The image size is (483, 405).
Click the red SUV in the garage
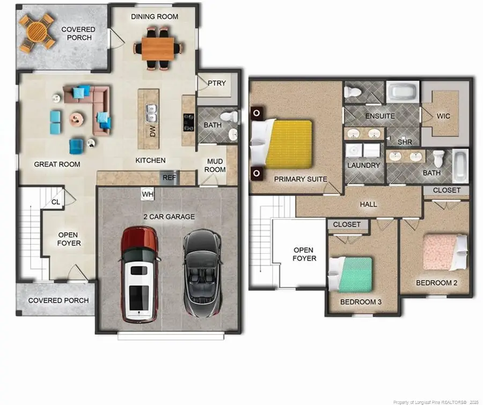[140, 274]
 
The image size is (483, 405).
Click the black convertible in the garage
[202, 273]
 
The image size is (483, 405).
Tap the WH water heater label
[147, 194]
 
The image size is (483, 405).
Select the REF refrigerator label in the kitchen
[170, 178]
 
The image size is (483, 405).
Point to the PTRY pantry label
[217, 83]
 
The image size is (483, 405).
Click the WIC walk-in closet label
[444, 116]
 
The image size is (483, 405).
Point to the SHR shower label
[404, 142]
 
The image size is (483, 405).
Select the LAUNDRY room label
[363, 165]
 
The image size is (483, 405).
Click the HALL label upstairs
[369, 204]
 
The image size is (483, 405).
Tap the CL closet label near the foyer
[56, 202]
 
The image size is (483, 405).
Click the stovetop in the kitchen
[188, 122]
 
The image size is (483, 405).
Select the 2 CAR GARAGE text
[169, 217]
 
